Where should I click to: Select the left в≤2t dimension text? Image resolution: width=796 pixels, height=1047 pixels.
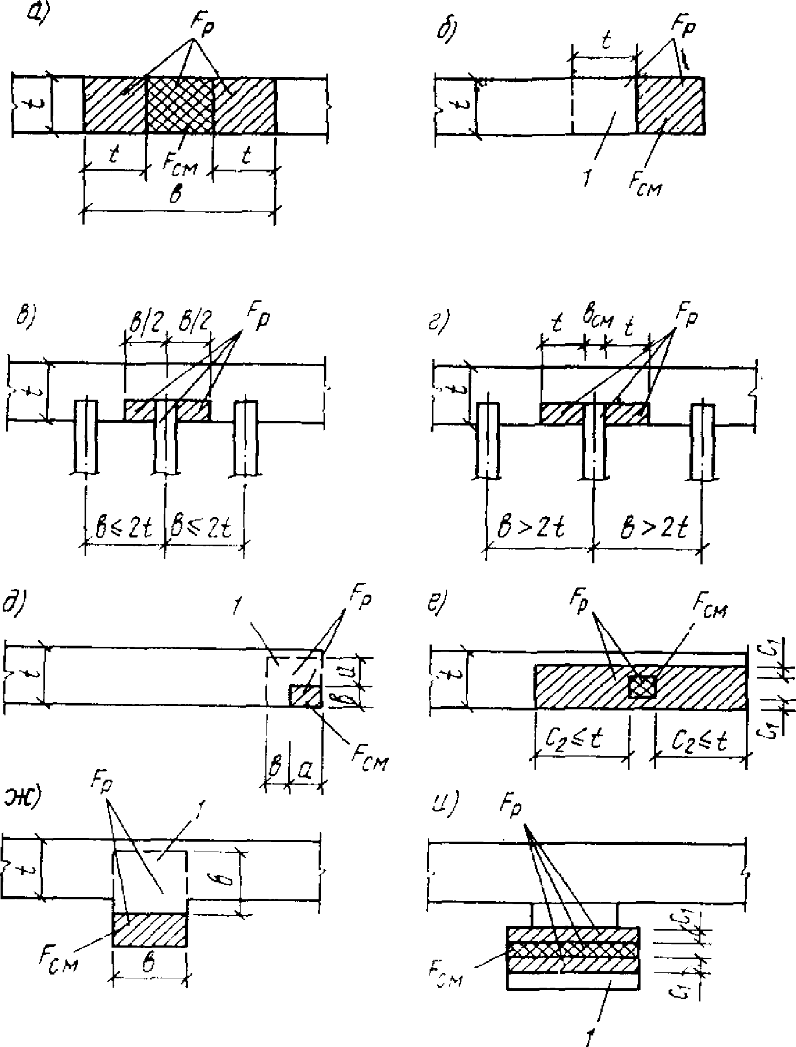coord(125,528)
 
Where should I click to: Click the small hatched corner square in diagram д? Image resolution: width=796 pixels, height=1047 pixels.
coord(305,696)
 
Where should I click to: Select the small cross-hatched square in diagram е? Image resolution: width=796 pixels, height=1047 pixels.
coord(642,686)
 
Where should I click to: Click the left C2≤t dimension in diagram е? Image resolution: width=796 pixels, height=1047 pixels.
coord(582,742)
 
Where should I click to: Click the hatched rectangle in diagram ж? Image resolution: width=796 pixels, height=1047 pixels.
coord(150,929)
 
